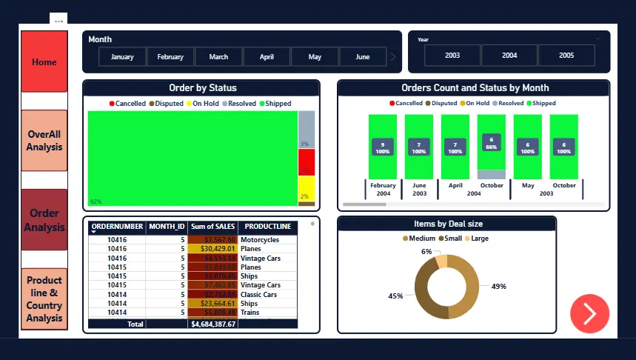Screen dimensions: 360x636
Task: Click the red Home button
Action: coord(44,61)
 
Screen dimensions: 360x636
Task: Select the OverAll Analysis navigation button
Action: coord(44,141)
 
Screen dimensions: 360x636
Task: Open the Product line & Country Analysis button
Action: coord(44,299)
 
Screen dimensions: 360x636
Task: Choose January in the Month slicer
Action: coord(122,56)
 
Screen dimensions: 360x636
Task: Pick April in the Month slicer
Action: coord(267,56)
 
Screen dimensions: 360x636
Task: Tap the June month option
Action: coord(362,56)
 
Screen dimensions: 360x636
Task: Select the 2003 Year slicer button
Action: coord(452,56)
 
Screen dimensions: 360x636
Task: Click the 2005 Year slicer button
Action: coord(566,56)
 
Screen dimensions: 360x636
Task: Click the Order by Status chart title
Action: coord(202,88)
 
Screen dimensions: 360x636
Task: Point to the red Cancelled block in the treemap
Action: coord(307,162)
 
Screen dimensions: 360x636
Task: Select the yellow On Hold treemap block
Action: coord(307,187)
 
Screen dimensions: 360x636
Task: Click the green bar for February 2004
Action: coord(382,146)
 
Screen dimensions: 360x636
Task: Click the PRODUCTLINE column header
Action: coord(268,227)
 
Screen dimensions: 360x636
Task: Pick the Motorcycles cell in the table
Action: coord(260,240)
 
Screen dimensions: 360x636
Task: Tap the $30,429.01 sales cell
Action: coord(212,249)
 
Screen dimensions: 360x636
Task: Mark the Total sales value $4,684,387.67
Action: coord(212,324)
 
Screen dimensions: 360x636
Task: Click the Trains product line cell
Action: coord(251,313)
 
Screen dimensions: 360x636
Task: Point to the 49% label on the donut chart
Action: coord(498,286)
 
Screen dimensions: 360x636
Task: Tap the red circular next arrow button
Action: coord(589,313)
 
